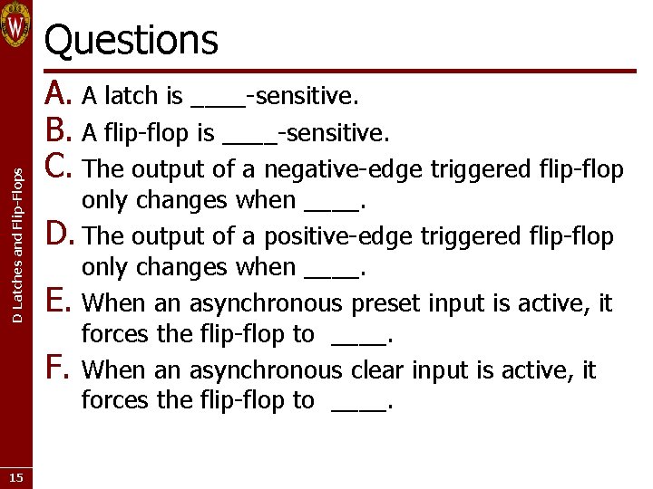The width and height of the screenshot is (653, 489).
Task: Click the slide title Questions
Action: pos(132,40)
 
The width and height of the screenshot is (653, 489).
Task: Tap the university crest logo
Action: pos(16,25)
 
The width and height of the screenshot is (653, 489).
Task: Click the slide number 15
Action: pos(15,477)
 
